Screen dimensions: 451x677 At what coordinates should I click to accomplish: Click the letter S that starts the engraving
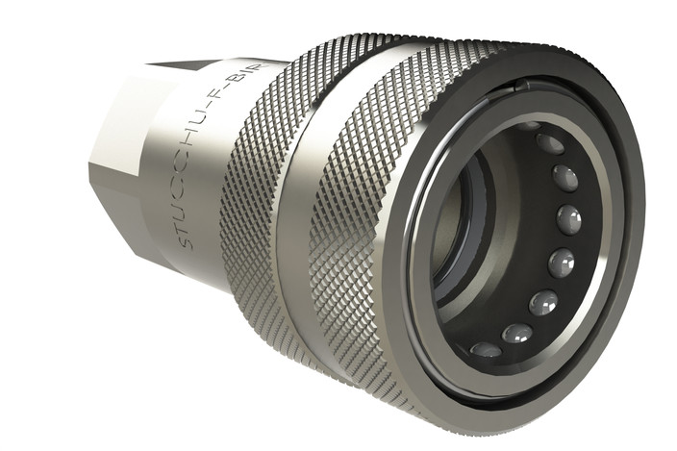coord(188,241)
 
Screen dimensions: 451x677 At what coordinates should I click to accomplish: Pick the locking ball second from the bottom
coord(517,333)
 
